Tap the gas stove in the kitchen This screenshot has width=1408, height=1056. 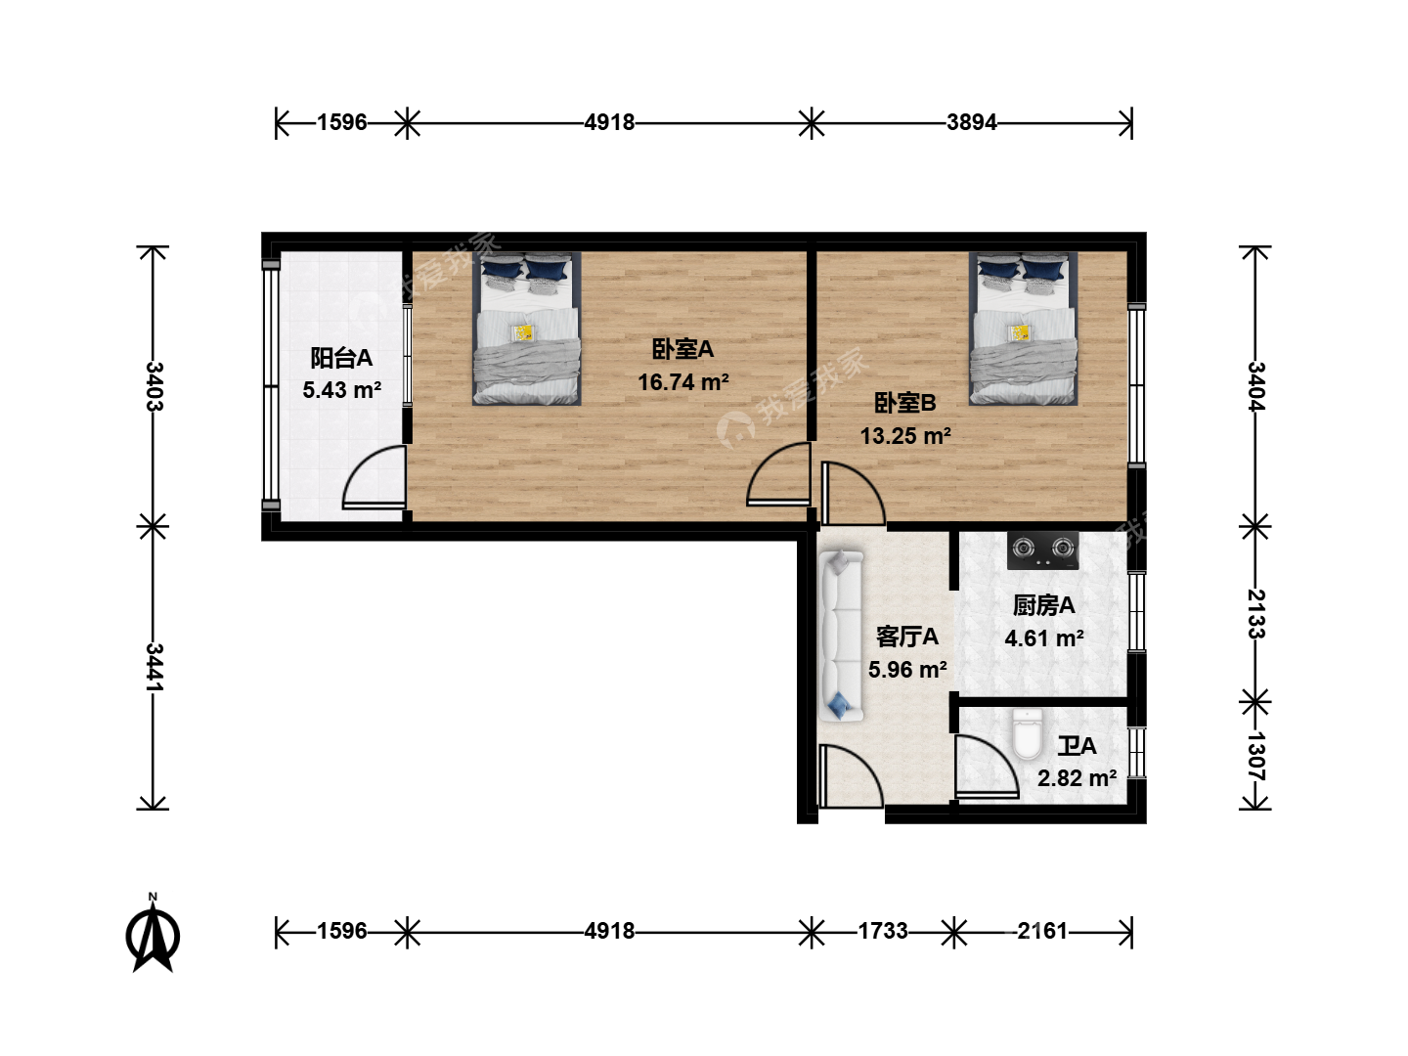pos(1042,550)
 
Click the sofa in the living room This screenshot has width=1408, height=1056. pos(841,636)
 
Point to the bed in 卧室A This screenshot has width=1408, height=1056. pos(527,329)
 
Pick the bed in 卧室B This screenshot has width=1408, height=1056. pos(1023,329)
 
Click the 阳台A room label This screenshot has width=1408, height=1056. pos(341,358)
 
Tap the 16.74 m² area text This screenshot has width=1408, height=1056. pos(683,382)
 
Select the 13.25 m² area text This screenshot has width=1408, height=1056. pos(905,436)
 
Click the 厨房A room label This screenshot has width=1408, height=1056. pos(1043,605)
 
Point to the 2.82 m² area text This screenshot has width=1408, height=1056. pos(1077,778)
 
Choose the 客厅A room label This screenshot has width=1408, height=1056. pos(907,637)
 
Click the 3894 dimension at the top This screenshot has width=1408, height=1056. pos(972,122)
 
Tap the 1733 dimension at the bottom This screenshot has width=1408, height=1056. pos(883,930)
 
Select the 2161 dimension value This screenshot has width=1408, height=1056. pos(1042,930)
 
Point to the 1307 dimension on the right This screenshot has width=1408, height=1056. pos(1255,757)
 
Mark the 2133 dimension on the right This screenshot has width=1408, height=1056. pos(1255,614)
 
